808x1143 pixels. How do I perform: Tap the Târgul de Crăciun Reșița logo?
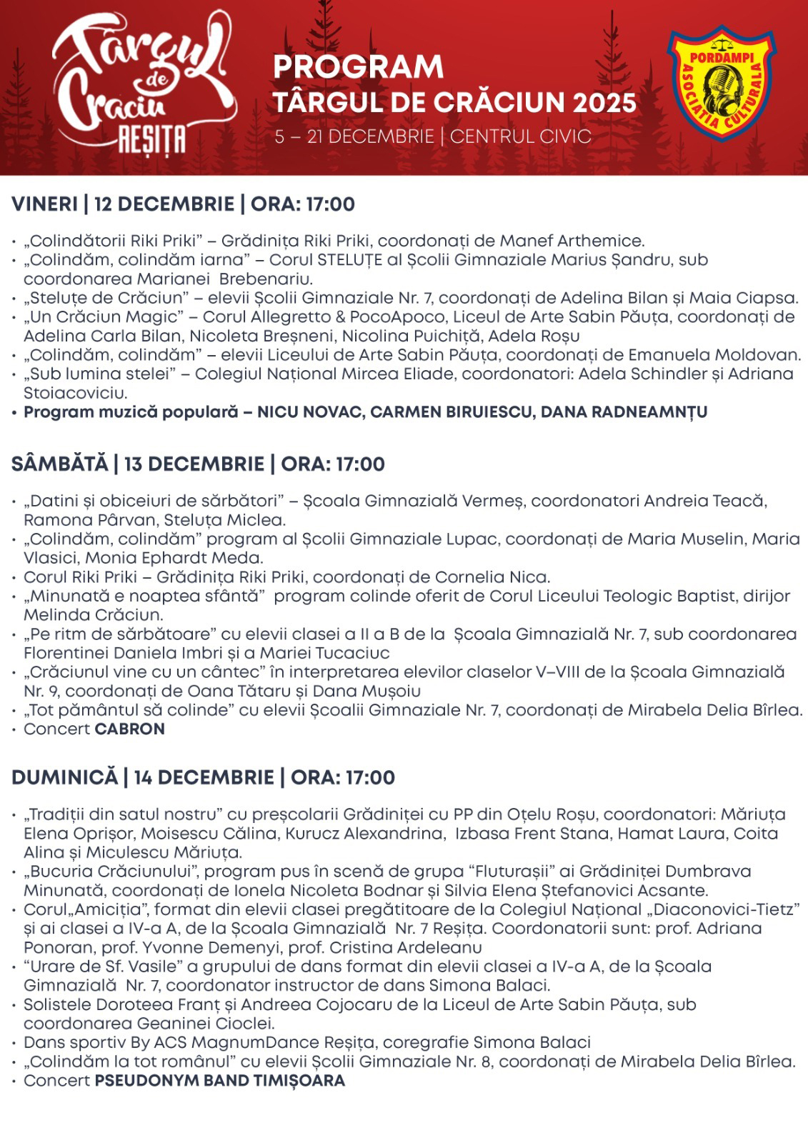(142, 86)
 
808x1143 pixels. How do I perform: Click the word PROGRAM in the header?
(358, 67)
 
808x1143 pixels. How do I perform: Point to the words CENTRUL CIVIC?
(521, 136)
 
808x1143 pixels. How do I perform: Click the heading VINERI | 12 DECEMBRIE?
(123, 204)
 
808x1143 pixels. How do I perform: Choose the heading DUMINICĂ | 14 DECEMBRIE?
(143, 777)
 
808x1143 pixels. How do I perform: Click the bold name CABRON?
(130, 729)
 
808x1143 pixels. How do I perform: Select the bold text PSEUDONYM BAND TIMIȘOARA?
(220, 1081)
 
